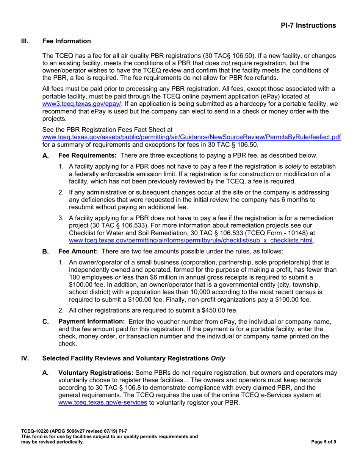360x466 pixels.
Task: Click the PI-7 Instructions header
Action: pos(308,25)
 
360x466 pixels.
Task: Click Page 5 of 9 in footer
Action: pos(323,442)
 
